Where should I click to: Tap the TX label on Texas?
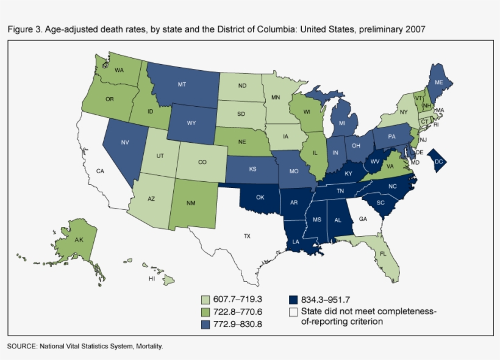coord(248,235)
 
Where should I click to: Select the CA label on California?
coord(101,171)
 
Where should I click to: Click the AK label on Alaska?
coord(79,240)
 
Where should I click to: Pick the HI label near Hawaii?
coord(152,278)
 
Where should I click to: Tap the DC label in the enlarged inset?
coord(438,161)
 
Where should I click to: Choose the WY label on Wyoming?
coord(190,123)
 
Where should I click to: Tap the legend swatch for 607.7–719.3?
coord(207,300)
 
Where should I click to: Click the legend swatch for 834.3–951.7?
coord(293,300)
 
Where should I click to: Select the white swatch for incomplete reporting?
coord(293,311)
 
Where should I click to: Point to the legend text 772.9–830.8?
coord(238,323)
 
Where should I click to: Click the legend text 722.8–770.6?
coord(238,312)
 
